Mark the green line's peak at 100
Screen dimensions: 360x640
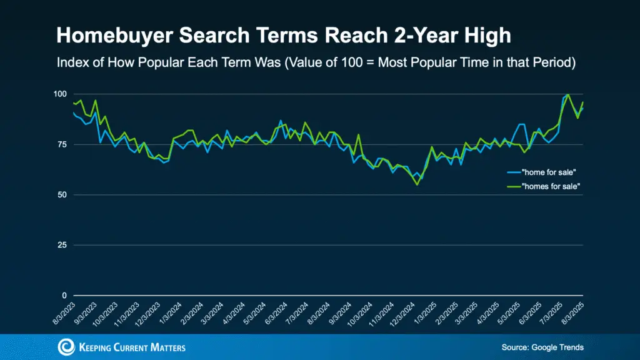[567, 95]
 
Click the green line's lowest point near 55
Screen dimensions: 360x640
[417, 184]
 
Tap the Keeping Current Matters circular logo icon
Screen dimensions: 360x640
[66, 347]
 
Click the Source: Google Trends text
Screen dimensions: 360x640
[541, 347]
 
